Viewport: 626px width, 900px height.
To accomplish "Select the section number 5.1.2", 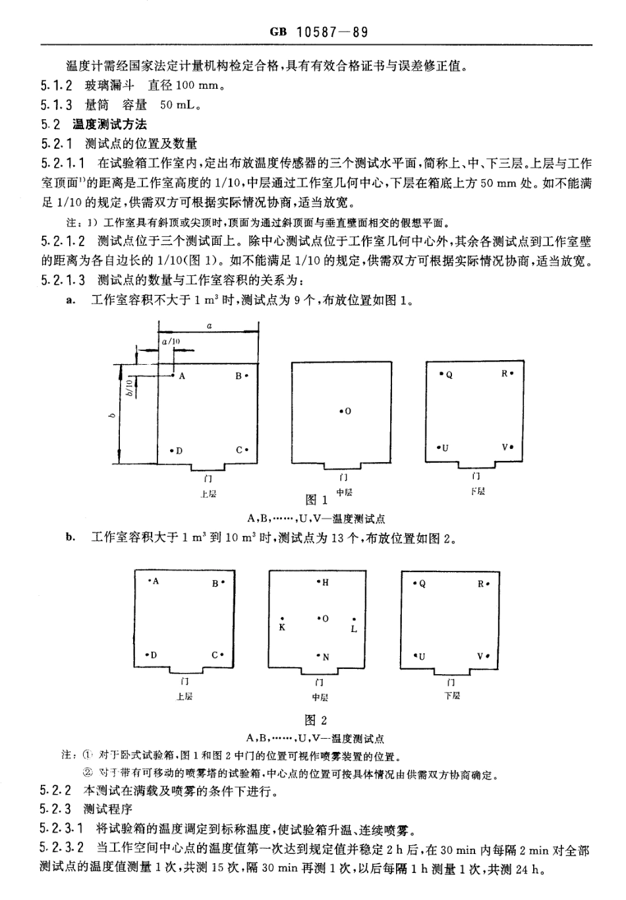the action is (56, 86).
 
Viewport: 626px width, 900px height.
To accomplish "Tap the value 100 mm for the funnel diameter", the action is (196, 86).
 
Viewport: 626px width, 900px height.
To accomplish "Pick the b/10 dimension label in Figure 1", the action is (130, 386).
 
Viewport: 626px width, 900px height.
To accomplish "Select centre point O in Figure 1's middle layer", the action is (345, 411).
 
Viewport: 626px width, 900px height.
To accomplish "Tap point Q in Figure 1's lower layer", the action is (446, 375).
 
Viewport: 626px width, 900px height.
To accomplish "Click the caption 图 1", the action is (316, 500).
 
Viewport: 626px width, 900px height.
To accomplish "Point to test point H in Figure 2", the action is (322, 583).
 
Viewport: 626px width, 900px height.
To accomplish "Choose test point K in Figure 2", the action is (282, 623).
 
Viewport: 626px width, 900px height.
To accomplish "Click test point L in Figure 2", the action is (354, 624).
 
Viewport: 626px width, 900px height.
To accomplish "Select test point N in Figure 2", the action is (322, 656).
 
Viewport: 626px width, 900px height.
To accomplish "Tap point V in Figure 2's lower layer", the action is (483, 656).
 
